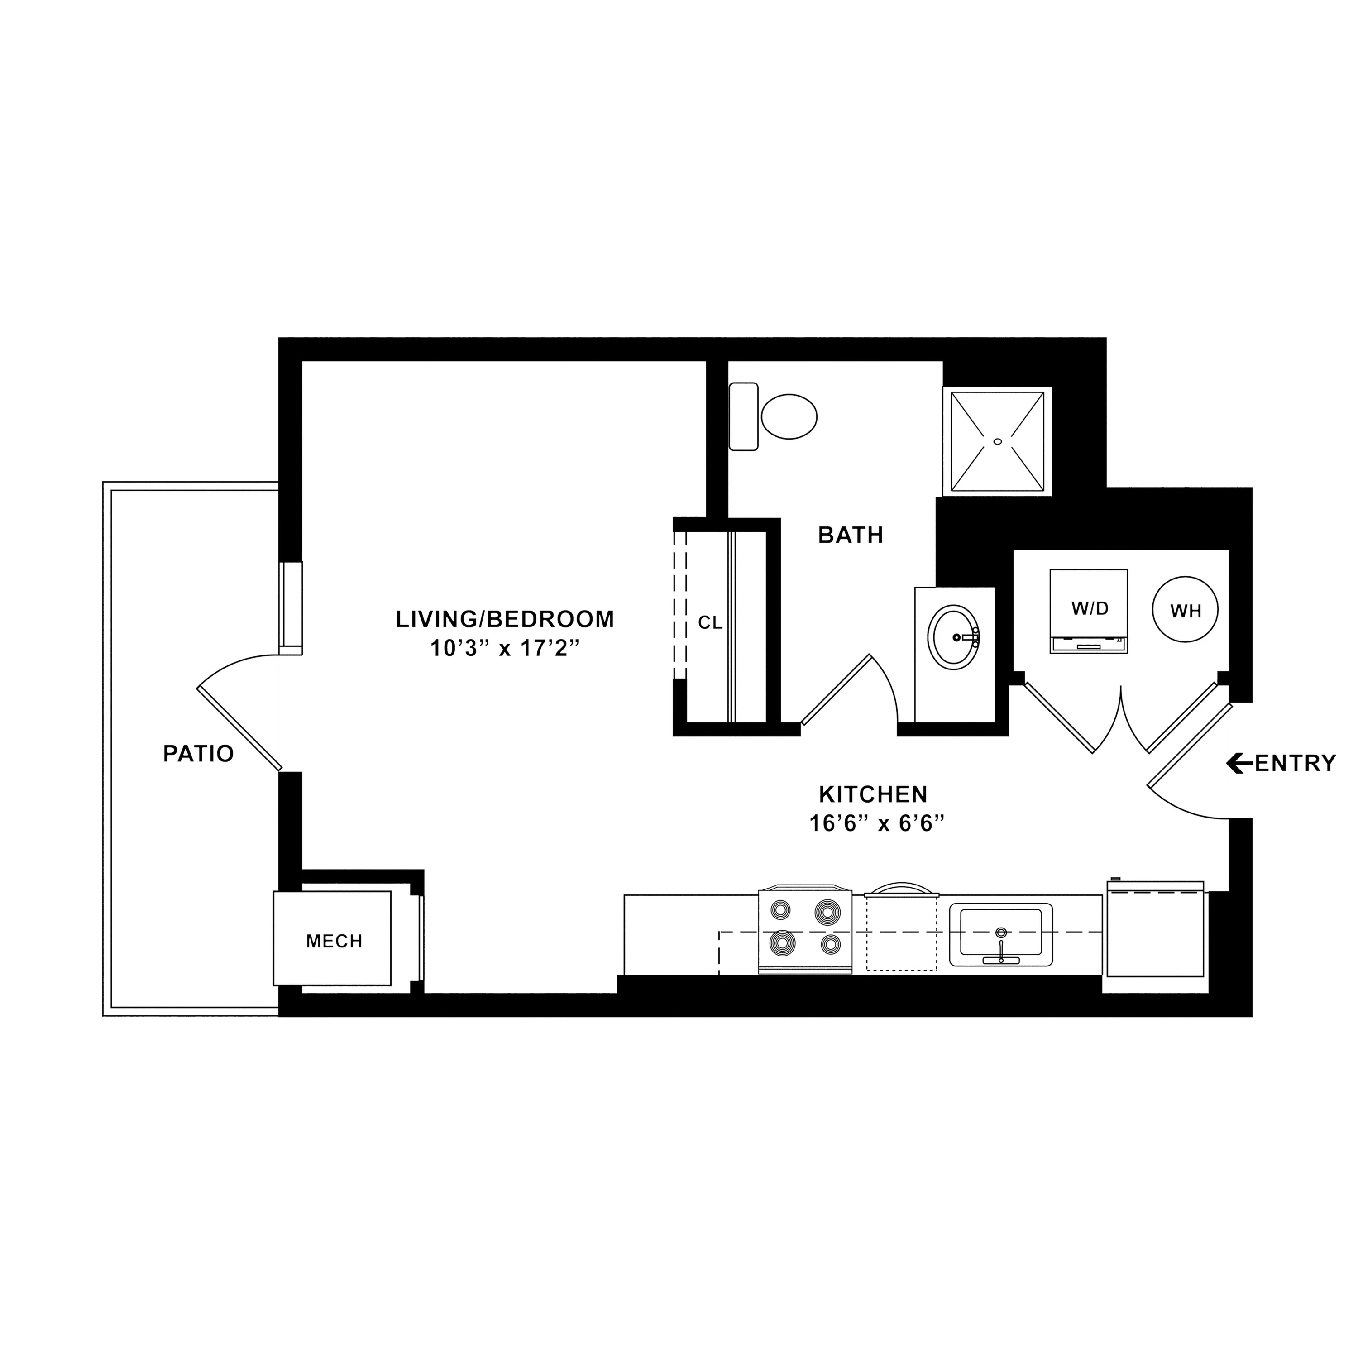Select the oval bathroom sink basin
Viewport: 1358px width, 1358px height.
[954, 637]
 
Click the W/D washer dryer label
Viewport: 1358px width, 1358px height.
[1090, 609]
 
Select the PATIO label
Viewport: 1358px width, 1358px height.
[198, 754]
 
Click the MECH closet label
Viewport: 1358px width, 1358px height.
[334, 941]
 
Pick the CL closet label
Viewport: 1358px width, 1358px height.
[710, 623]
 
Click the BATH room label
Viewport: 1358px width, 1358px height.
[851, 535]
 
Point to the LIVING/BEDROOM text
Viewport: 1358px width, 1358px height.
[505, 619]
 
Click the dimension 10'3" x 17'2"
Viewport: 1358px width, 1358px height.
[505, 648]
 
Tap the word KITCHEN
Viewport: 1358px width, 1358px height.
[874, 794]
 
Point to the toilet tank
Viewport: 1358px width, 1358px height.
[744, 417]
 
